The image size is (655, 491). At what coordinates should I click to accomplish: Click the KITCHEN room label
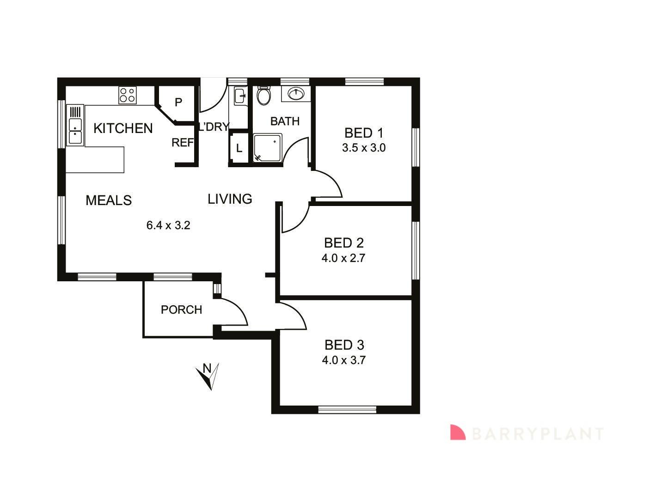pyautogui.click(x=123, y=128)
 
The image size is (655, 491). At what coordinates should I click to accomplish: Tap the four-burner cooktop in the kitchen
pyautogui.click(x=128, y=95)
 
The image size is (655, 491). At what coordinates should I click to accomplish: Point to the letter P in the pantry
pyautogui.click(x=178, y=102)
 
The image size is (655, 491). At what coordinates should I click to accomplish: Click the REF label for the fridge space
pyautogui.click(x=183, y=143)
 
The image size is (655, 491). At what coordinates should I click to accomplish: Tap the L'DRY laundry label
pyautogui.click(x=214, y=127)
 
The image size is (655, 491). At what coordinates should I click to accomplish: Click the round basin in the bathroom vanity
pyautogui.click(x=296, y=94)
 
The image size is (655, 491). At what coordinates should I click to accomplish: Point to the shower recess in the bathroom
pyautogui.click(x=268, y=148)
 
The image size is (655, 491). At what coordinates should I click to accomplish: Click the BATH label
pyautogui.click(x=285, y=121)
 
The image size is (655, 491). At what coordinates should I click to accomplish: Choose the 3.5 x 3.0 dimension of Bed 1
pyautogui.click(x=364, y=148)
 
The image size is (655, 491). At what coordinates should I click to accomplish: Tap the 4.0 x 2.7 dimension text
pyautogui.click(x=343, y=258)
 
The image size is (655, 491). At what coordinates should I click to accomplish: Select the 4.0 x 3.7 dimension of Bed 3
pyautogui.click(x=344, y=360)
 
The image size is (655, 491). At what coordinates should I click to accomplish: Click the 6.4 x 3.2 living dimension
pyautogui.click(x=168, y=225)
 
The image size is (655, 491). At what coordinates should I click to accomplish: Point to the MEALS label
pyautogui.click(x=109, y=200)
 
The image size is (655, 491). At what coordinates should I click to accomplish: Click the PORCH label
pyautogui.click(x=181, y=310)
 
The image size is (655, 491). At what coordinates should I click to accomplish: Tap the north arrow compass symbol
pyautogui.click(x=208, y=376)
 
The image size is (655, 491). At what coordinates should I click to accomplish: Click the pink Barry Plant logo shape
pyautogui.click(x=457, y=432)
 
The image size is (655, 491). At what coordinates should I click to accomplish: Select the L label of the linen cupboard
pyautogui.click(x=239, y=148)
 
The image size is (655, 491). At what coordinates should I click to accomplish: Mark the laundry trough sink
pyautogui.click(x=240, y=96)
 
